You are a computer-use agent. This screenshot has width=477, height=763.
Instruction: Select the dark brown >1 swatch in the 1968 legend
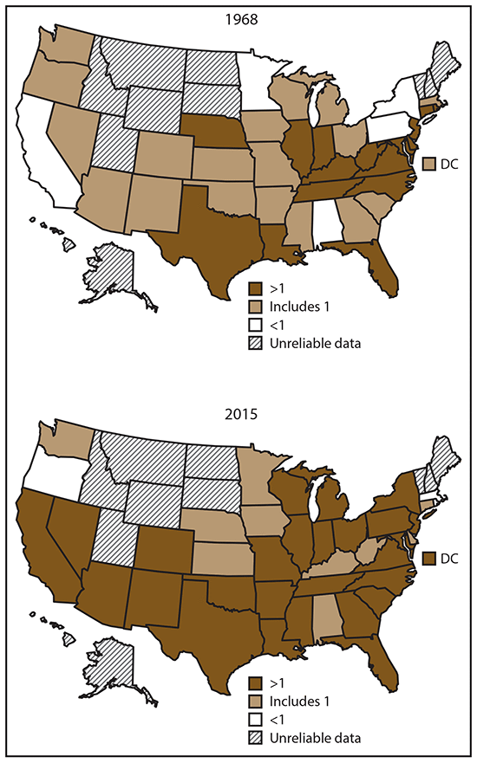[255, 287]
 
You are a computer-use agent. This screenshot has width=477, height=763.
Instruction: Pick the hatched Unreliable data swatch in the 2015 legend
[255, 737]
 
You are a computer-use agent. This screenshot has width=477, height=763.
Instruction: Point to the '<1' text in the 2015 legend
[277, 721]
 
